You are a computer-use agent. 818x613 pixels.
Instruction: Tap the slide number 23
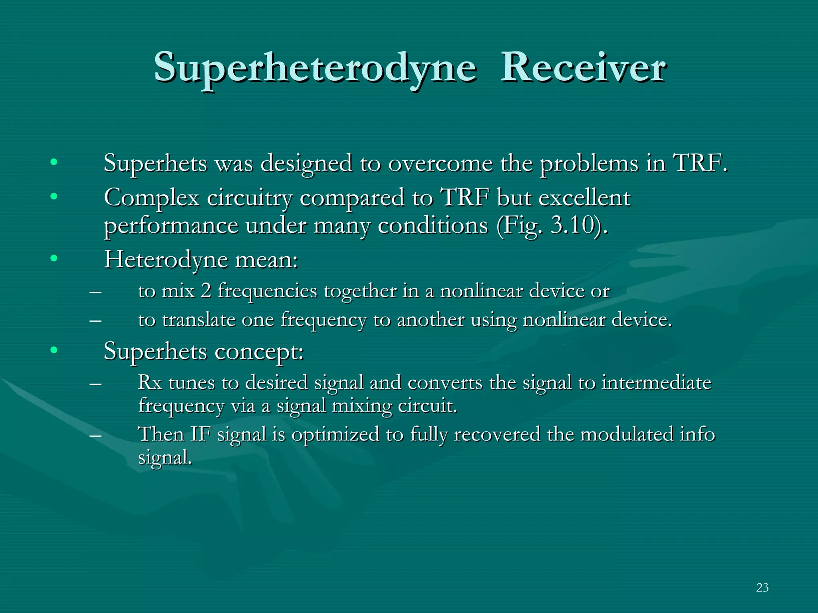click(x=762, y=587)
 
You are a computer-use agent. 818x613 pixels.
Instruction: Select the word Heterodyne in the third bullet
click(x=166, y=260)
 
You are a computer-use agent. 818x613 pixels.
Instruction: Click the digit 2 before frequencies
click(x=206, y=291)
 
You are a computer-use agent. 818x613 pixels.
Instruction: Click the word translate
click(x=199, y=320)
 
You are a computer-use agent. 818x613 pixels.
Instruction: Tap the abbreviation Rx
click(x=150, y=382)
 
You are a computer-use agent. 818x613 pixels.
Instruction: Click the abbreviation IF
click(x=200, y=434)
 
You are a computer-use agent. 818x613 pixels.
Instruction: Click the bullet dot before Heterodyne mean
click(x=54, y=259)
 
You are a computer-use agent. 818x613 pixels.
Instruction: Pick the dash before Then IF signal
click(x=95, y=435)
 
